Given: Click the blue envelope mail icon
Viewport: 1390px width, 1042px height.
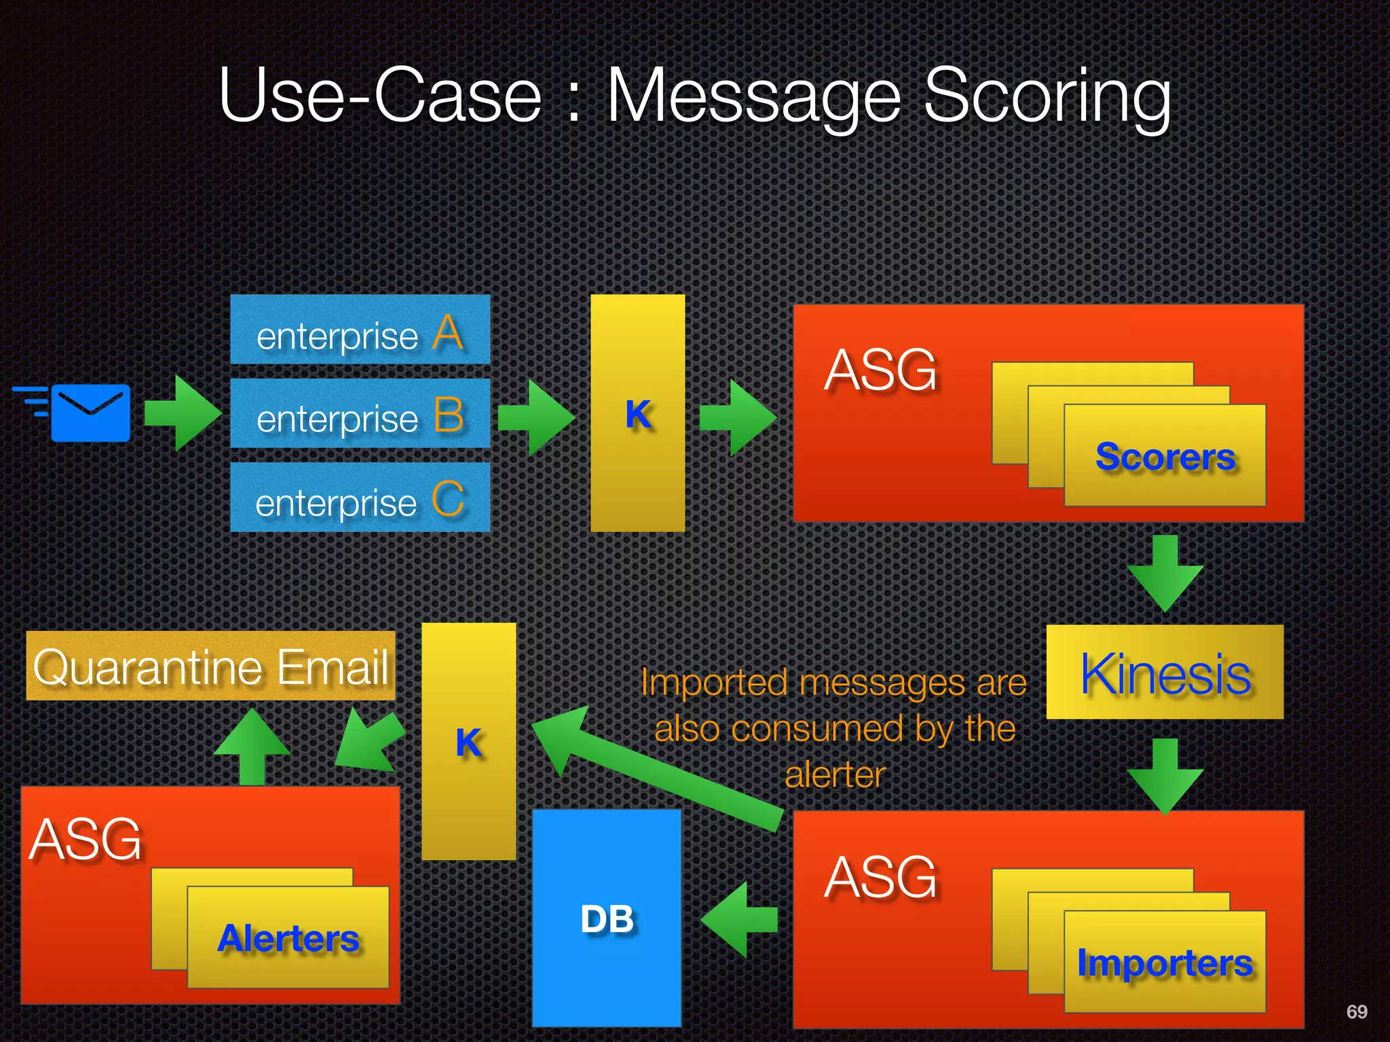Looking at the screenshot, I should point(90,412).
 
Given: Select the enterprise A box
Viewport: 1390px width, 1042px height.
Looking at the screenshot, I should point(360,330).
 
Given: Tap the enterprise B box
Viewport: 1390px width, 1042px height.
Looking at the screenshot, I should point(360,413).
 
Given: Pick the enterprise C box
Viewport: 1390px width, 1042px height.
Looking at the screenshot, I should point(360,497).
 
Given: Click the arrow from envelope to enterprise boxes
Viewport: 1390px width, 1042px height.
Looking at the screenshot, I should point(182,412).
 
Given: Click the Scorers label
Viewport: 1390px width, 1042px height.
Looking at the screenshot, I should point(1165,457).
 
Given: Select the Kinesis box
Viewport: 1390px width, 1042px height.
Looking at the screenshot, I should point(1165,672).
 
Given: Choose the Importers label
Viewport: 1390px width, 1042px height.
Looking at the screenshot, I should point(1165,963).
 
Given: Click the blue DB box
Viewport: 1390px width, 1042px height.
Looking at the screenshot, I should point(606,919).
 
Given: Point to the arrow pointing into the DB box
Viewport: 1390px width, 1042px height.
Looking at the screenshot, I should point(738,919).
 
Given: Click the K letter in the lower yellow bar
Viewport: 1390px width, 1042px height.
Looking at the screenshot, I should point(468,742).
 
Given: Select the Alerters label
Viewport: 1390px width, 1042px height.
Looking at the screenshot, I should point(288,938).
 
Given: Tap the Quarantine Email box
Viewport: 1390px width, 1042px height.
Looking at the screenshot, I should point(210,666).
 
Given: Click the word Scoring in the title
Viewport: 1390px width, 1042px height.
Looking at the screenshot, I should point(1047,96).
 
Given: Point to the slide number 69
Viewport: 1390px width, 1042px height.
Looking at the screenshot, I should point(1356,1011).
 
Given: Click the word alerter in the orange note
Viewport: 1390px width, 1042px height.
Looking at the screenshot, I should point(835,775).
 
